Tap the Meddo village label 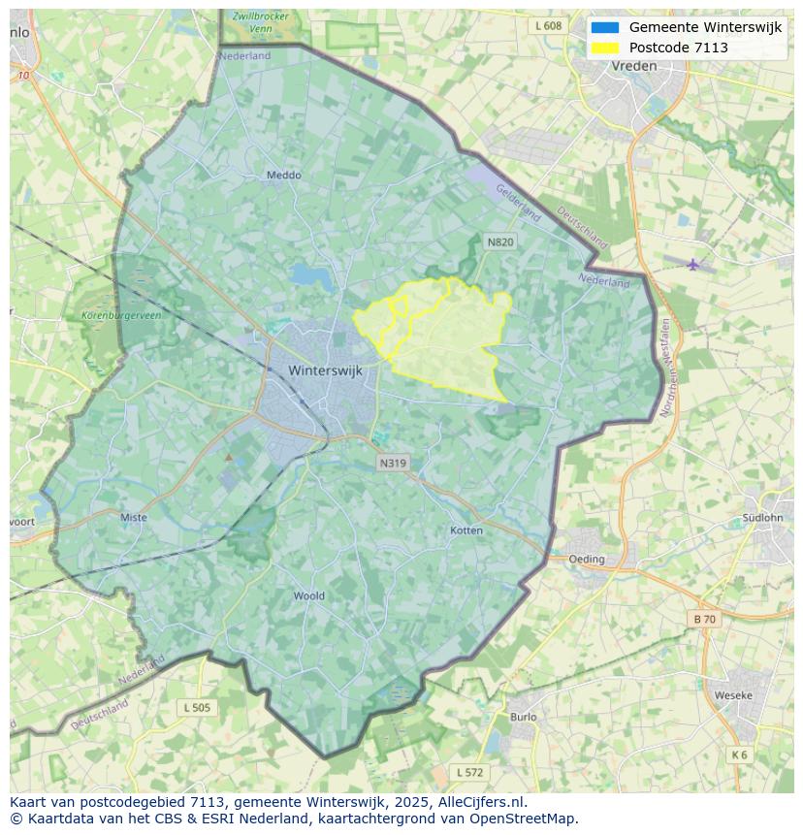pyautogui.click(x=284, y=176)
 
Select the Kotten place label pyautogui.click(x=466, y=530)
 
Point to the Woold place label pyautogui.click(x=309, y=595)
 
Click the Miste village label pyautogui.click(x=134, y=517)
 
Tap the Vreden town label pyautogui.click(x=634, y=66)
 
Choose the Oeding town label pyautogui.click(x=587, y=559)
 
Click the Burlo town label pyautogui.click(x=523, y=717)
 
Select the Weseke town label pyautogui.click(x=733, y=695)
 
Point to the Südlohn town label pyautogui.click(x=761, y=517)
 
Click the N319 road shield pyautogui.click(x=393, y=463)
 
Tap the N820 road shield pyautogui.click(x=500, y=241)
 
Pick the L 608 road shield pyautogui.click(x=548, y=25)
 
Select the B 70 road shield pyautogui.click(x=704, y=619)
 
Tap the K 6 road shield pyautogui.click(x=739, y=755)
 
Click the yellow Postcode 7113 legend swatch pyautogui.click(x=605, y=48)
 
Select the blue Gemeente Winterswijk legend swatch pyautogui.click(x=605, y=27)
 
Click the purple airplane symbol pyautogui.click(x=692, y=265)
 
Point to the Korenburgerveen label pyautogui.click(x=122, y=316)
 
